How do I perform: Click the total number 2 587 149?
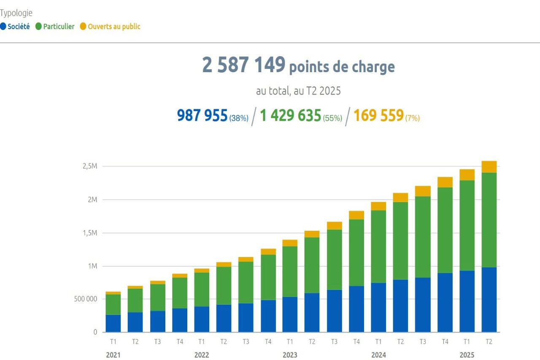[x=243, y=65]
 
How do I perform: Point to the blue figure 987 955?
[x=202, y=115]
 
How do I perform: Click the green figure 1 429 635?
[x=290, y=115]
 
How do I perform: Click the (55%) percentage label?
[x=332, y=118]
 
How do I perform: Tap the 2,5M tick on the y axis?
[x=90, y=166]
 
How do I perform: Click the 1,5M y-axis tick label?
[x=90, y=233]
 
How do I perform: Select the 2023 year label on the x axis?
[x=290, y=355]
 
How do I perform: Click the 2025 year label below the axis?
[x=467, y=355]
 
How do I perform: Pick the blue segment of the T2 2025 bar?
[x=489, y=300]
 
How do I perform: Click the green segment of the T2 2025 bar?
[x=489, y=219]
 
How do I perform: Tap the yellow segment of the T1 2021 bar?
[x=113, y=293]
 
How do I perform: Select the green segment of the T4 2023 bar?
[x=356, y=252]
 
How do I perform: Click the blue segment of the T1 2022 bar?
[x=202, y=319]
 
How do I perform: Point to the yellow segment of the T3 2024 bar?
[x=423, y=191]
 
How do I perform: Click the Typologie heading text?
[x=16, y=13]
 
